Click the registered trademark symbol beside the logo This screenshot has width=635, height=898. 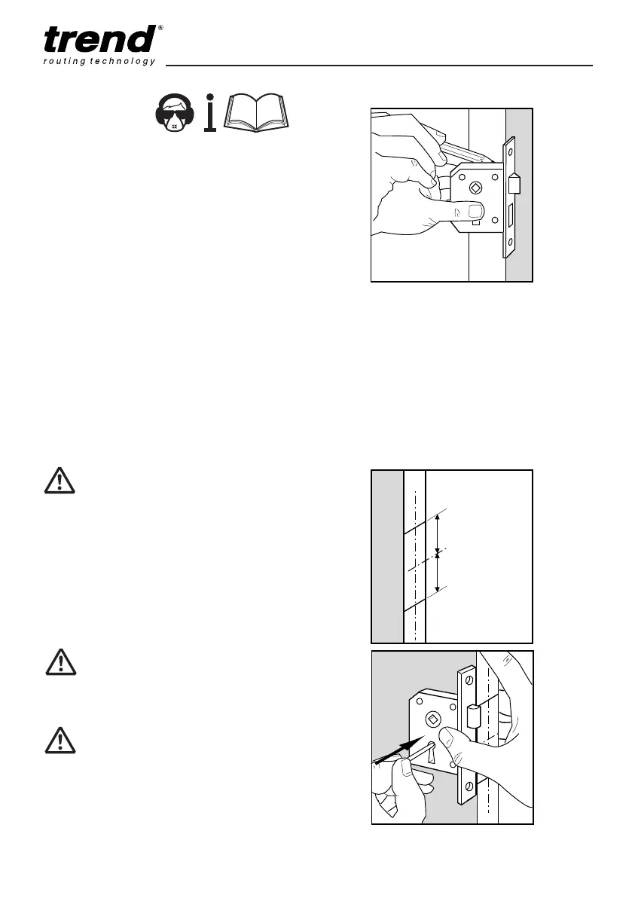click(161, 28)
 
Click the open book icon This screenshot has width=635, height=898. click(257, 115)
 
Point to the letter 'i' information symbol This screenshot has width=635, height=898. click(211, 113)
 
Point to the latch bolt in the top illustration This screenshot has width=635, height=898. click(514, 184)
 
